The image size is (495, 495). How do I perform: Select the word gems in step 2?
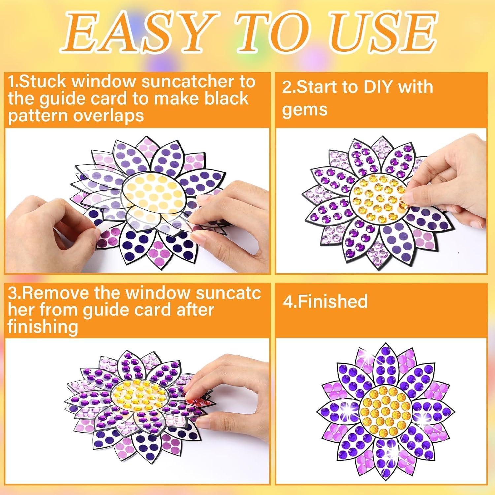click(304, 110)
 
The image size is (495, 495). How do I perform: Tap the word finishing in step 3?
click(43, 327)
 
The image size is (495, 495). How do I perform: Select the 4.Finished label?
click(325, 301)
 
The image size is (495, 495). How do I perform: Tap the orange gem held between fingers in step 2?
click(403, 205)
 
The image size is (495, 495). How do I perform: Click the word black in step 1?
click(227, 99)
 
